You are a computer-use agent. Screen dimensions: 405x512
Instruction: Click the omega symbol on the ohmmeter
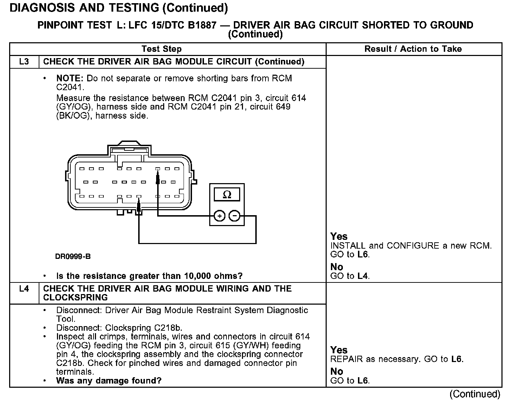pyautogui.click(x=227, y=194)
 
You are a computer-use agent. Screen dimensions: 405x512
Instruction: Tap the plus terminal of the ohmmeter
pyautogui.click(x=219, y=216)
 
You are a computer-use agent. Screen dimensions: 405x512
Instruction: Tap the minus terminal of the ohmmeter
pyautogui.click(x=235, y=216)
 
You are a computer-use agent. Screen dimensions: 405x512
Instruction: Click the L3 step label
pyautogui.click(x=24, y=62)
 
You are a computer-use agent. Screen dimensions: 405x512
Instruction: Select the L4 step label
pyautogui.click(x=24, y=289)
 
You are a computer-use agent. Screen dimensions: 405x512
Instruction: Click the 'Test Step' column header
pyautogui.click(x=161, y=49)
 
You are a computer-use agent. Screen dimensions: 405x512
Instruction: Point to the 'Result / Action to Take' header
pyautogui.click(x=413, y=49)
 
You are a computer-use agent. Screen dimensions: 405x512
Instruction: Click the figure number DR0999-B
pyautogui.click(x=73, y=256)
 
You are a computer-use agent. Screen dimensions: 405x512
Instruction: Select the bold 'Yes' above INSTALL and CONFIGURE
pyautogui.click(x=339, y=236)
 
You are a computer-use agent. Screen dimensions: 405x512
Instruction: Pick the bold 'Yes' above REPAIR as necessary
pyautogui.click(x=339, y=350)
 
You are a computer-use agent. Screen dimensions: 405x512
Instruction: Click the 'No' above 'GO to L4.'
pyautogui.click(x=337, y=267)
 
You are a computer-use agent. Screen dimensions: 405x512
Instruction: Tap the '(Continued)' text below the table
pyautogui.click(x=474, y=394)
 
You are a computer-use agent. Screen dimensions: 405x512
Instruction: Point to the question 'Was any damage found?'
pyautogui.click(x=109, y=381)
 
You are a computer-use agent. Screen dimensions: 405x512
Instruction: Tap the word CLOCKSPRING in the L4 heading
pyautogui.click(x=75, y=298)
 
